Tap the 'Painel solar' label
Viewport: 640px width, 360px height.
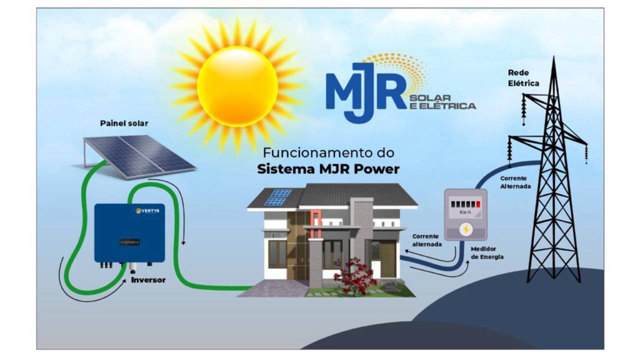pyautogui.click(x=124, y=123)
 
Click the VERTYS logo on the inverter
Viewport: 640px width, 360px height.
pyautogui.click(x=147, y=210)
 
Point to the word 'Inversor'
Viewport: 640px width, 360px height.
pyautogui.click(x=148, y=280)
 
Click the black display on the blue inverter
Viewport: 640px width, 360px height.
pyautogui.click(x=129, y=242)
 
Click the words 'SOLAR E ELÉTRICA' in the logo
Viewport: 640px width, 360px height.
pyautogui.click(x=442, y=101)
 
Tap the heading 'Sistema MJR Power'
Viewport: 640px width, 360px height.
pyautogui.click(x=328, y=169)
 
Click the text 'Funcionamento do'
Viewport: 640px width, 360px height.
pyautogui.click(x=328, y=152)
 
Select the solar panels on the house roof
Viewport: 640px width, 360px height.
pyautogui.click(x=278, y=197)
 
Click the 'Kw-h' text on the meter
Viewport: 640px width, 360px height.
pyautogui.click(x=465, y=212)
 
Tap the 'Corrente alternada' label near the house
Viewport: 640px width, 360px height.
pyautogui.click(x=426, y=240)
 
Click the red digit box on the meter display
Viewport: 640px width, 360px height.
pyautogui.click(x=478, y=203)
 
